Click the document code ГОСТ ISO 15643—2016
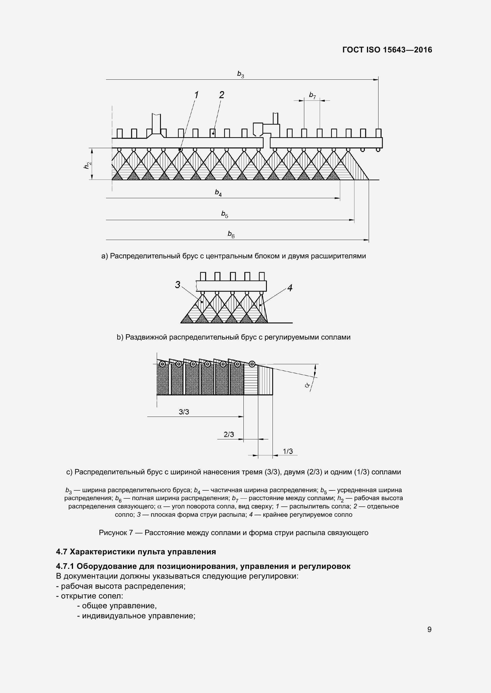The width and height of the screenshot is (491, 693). (387, 50)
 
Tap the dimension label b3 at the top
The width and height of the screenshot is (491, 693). (240, 74)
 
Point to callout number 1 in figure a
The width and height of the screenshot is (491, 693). (196, 95)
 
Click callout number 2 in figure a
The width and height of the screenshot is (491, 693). (222, 95)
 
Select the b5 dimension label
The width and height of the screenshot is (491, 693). (224, 214)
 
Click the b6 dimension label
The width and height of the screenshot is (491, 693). (231, 234)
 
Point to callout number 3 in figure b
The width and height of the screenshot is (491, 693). (178, 284)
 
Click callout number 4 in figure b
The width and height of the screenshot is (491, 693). (290, 288)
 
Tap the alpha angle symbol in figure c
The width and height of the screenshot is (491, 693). (308, 385)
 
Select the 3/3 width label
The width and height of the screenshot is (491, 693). (184, 412)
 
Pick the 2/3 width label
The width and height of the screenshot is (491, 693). (229, 434)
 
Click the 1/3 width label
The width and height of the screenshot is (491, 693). (288, 451)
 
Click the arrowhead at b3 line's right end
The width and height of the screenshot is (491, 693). (376, 80)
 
